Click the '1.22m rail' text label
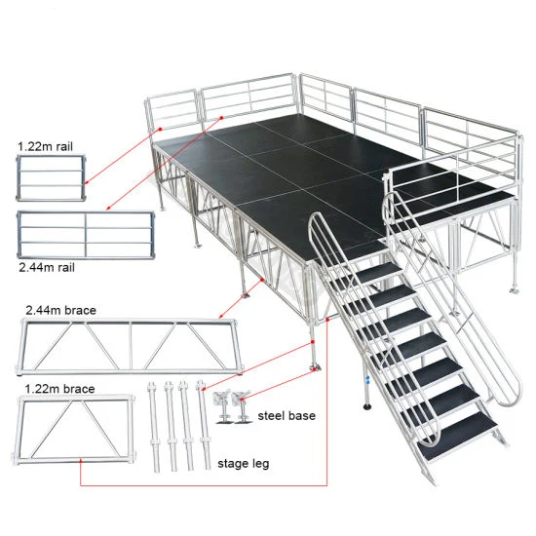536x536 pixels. [43, 147]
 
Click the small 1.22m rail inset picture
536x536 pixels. [49, 179]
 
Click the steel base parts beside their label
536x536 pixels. [233, 406]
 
